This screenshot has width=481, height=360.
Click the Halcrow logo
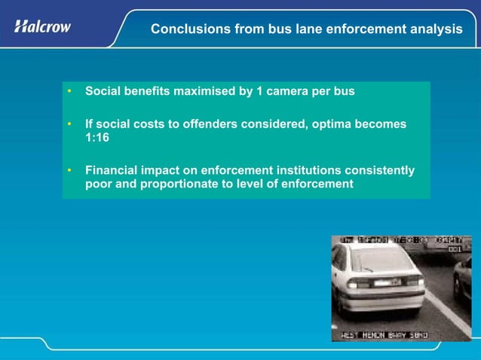tap(43, 26)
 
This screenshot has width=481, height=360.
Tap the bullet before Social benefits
tap(69, 92)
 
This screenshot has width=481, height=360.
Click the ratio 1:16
tap(97, 138)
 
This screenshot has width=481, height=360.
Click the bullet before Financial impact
tap(69, 171)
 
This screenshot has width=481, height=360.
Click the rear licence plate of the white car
tap(387, 283)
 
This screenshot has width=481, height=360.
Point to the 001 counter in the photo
tap(455, 248)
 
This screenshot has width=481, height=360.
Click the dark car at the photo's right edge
tap(463, 282)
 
